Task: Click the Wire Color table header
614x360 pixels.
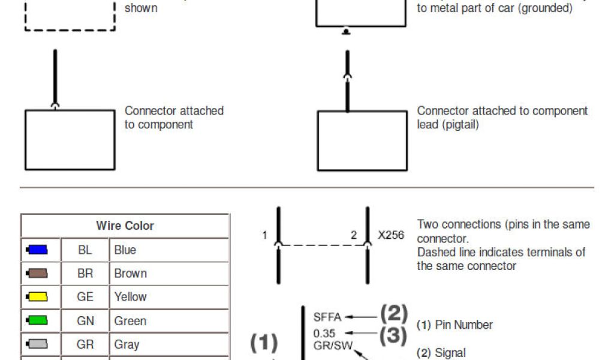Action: (x=125, y=226)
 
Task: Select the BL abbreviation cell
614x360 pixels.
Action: (x=85, y=250)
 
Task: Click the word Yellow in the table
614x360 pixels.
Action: (x=131, y=297)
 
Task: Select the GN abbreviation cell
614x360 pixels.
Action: (x=85, y=321)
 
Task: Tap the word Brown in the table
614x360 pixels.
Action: (x=131, y=274)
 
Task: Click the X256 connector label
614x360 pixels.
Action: (x=391, y=235)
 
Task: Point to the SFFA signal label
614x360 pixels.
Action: (x=327, y=317)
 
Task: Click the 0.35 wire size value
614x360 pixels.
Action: (x=324, y=334)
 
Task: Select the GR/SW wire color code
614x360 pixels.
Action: (x=333, y=346)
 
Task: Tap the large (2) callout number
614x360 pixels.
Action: (x=394, y=314)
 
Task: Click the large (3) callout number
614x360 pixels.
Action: (x=394, y=335)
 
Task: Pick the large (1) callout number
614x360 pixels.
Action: (x=264, y=343)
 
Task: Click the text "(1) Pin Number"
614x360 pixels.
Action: (x=455, y=325)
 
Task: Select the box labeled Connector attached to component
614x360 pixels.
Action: (x=70, y=139)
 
